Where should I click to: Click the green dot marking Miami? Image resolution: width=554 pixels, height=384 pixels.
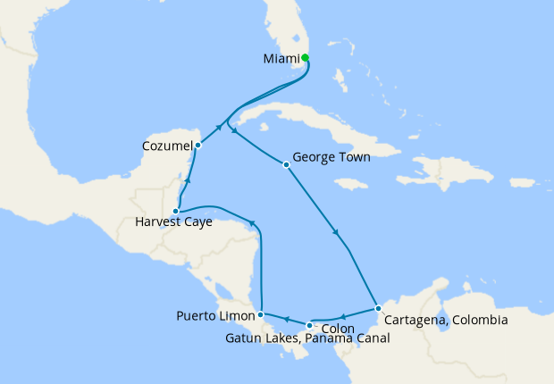(306, 58)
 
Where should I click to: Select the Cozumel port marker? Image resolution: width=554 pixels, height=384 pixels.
(197, 145)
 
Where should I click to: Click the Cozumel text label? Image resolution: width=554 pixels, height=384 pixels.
(165, 145)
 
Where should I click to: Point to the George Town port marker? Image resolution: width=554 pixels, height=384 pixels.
(286, 164)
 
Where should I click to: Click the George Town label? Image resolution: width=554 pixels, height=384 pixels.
(332, 156)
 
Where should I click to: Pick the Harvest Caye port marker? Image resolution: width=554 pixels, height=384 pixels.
(176, 212)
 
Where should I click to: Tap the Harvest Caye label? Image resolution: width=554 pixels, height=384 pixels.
(173, 222)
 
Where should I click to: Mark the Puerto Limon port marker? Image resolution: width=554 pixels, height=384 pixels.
(260, 314)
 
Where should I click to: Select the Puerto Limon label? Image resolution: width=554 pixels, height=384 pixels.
(214, 315)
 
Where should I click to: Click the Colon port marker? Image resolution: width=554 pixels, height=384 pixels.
(309, 325)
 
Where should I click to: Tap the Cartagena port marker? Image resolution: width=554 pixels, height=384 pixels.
(378, 308)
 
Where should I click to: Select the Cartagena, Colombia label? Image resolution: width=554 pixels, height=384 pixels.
(446, 319)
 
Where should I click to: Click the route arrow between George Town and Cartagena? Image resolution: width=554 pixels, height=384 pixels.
(336, 234)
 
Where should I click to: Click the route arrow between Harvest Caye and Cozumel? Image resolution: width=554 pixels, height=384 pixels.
(188, 181)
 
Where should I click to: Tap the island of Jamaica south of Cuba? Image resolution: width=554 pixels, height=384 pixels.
(352, 184)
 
